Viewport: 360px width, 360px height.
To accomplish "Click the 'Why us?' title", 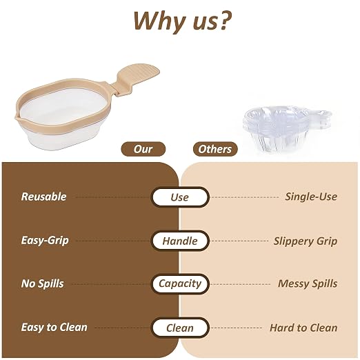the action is coord(183,21).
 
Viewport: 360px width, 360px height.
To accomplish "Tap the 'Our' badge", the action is coord(143,149).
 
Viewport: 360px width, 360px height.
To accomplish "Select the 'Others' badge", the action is coord(215,149).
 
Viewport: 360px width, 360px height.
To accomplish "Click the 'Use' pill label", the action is coord(180,197).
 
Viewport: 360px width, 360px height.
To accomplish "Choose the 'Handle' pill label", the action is coord(180,241).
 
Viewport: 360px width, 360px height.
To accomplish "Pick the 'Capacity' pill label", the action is coord(180,283).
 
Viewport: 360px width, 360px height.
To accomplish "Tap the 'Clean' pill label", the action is coord(180,328).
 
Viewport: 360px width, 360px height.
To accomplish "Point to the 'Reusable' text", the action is coord(43,197).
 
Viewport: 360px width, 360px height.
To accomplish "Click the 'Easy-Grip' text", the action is coord(45,241).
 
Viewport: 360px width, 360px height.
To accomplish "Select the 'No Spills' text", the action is coord(42,283).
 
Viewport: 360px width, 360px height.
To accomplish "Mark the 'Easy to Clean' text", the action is coord(54,327).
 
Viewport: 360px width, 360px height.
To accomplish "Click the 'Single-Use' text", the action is coord(311,197).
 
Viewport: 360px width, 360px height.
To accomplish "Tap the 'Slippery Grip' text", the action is coord(306,241).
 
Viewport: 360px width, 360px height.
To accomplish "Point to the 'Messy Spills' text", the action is coord(308,283).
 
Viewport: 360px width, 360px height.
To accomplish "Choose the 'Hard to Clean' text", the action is coord(303,328).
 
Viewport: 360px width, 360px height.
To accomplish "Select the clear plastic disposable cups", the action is coord(287,128).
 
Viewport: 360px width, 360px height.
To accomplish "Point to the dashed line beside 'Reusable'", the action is coord(112,197).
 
